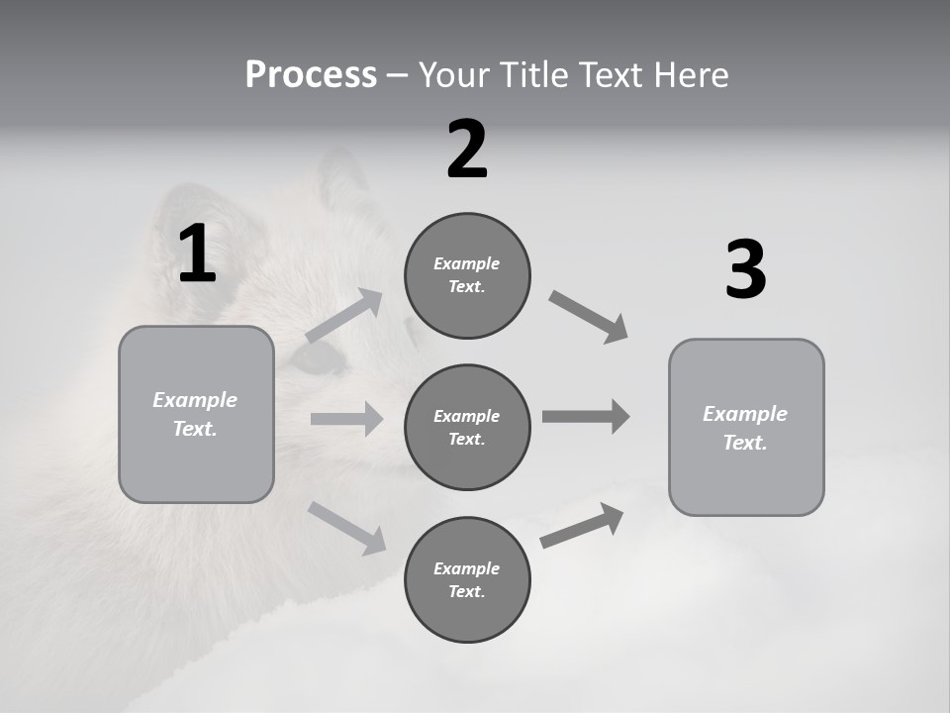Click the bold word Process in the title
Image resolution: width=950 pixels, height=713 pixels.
(x=311, y=75)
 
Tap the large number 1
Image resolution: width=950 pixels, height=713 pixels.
(x=197, y=255)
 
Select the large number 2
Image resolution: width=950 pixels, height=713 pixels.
(x=467, y=150)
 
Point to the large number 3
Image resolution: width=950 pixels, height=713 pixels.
(x=745, y=269)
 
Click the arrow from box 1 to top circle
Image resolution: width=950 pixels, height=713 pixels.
(x=344, y=316)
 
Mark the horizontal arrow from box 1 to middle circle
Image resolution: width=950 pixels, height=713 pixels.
(x=346, y=419)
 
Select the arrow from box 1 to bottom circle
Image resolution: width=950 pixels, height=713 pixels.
(x=346, y=527)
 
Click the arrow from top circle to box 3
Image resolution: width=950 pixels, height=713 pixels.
(x=588, y=317)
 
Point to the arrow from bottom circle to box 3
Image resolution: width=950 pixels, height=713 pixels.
(x=582, y=526)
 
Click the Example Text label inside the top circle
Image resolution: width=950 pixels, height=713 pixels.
(x=467, y=275)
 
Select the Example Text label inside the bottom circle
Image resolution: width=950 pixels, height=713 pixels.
(x=467, y=579)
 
